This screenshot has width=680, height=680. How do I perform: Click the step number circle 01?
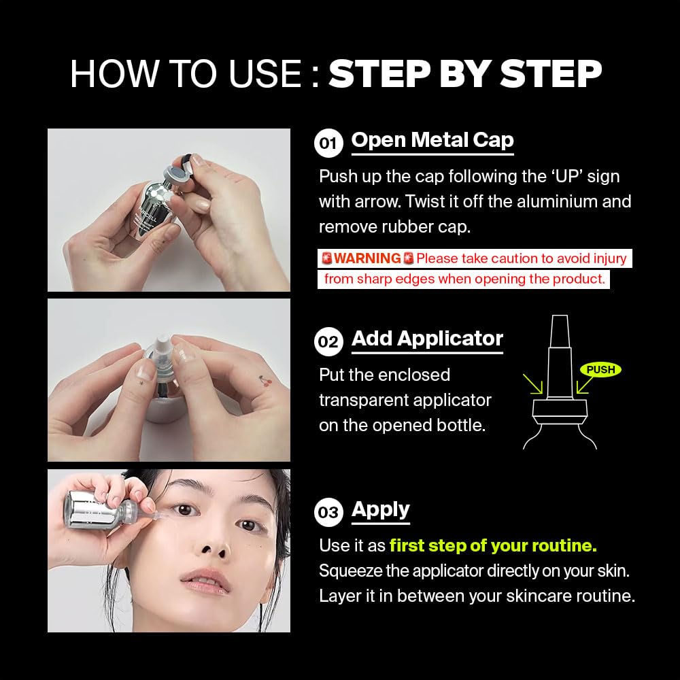click(328, 143)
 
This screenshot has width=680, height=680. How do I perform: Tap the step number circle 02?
click(328, 342)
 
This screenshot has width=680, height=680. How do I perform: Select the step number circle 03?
click(328, 512)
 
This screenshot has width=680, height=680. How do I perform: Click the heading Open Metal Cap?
click(432, 140)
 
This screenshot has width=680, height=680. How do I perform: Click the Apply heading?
click(380, 510)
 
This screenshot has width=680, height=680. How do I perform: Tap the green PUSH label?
click(600, 369)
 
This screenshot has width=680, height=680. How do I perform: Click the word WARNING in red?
click(367, 258)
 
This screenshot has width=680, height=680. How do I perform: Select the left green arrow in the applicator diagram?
click(533, 384)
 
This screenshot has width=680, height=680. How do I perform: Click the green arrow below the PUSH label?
click(585, 385)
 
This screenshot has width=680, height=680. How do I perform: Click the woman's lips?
click(205, 581)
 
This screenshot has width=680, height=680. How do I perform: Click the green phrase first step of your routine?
click(493, 545)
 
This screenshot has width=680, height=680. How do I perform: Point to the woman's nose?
click(216, 541)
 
